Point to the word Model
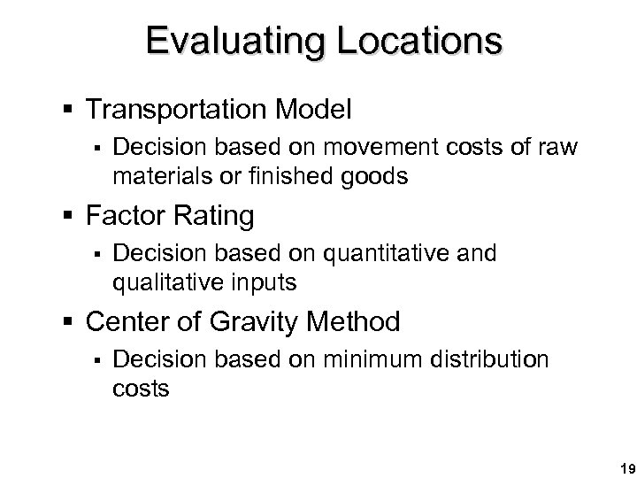coord(311,110)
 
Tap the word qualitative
coord(174,284)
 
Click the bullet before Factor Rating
coord(74,216)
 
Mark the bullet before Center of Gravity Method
coord(74,321)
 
